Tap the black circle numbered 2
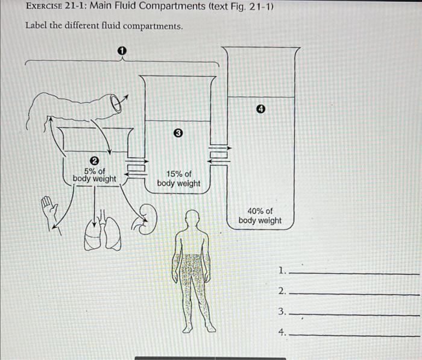pyautogui.click(x=94, y=160)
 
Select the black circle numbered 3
pyautogui.click(x=178, y=133)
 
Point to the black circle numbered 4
pyautogui.click(x=260, y=109)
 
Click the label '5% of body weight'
pyautogui.click(x=95, y=175)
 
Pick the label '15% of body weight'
pyautogui.click(x=178, y=178)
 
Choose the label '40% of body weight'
pyautogui.click(x=260, y=216)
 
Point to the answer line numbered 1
pyautogui.click(x=353, y=273)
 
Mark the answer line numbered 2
pyautogui.click(x=353, y=294)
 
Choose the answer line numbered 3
pyautogui.click(x=353, y=314)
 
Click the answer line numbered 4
pyautogui.click(x=353, y=335)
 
